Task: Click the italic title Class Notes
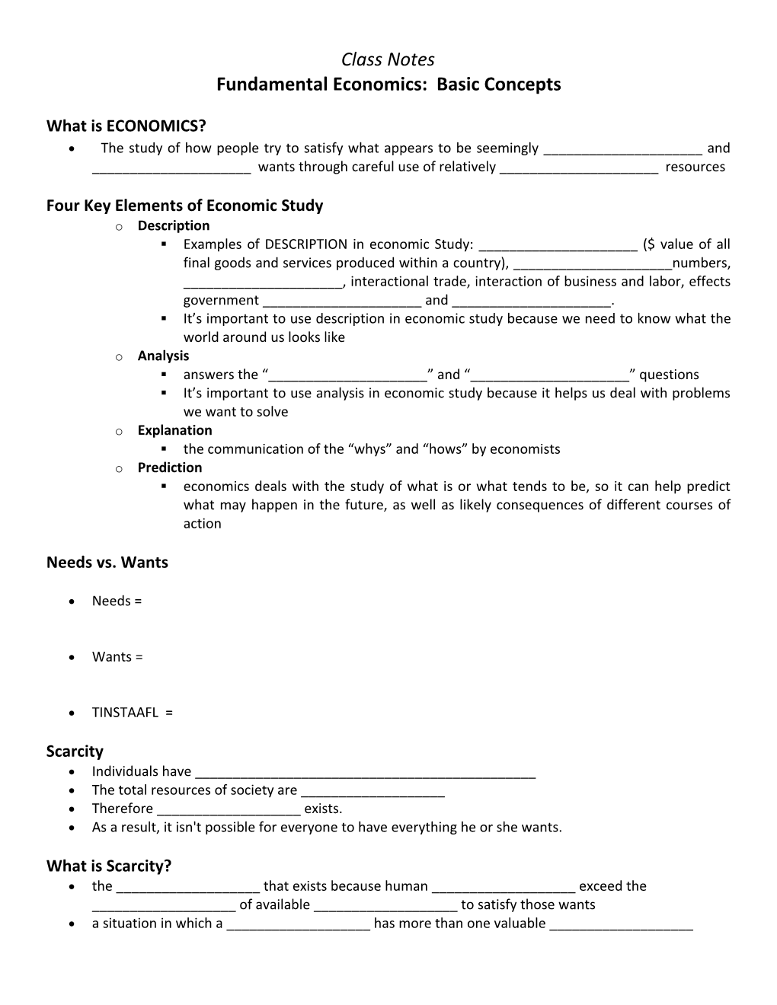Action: (388, 59)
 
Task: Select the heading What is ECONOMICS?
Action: (126, 125)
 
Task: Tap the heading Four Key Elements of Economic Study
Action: (184, 206)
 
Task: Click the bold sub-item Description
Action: (174, 225)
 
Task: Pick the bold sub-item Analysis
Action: (163, 356)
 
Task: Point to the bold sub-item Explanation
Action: (174, 430)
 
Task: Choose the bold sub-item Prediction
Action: (170, 467)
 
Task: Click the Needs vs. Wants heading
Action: (107, 563)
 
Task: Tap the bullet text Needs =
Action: (117, 601)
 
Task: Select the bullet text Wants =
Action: (117, 657)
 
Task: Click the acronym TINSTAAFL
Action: (125, 713)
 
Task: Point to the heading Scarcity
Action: (75, 751)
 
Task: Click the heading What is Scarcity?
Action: (109, 866)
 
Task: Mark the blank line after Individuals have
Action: (365, 774)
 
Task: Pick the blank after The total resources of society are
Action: (373, 792)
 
